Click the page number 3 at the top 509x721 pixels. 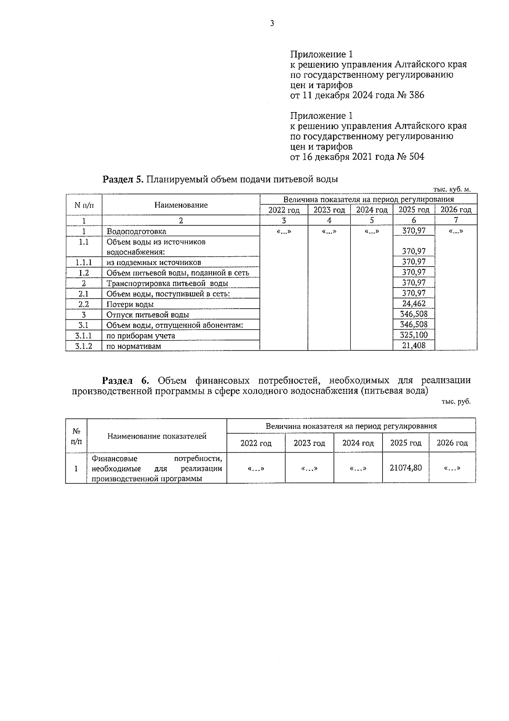click(x=272, y=23)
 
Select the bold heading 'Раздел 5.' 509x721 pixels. click(x=123, y=179)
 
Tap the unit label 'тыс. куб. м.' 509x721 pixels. click(x=452, y=189)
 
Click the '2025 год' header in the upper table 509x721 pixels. click(x=414, y=210)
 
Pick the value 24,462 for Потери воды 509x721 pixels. click(x=414, y=304)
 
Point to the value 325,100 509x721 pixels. click(x=414, y=335)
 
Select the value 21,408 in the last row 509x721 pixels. click(x=414, y=346)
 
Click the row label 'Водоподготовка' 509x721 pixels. click(x=136, y=231)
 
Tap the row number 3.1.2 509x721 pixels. click(x=84, y=346)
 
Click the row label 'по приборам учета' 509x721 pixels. click(x=140, y=335)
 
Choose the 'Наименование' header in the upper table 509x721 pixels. click(x=181, y=205)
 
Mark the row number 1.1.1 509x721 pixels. click(x=84, y=262)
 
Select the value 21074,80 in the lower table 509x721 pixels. click(x=406, y=468)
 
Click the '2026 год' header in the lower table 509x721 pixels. click(x=452, y=443)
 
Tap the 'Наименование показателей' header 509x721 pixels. click(x=157, y=436)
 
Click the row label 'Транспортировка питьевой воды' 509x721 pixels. click(x=167, y=283)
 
